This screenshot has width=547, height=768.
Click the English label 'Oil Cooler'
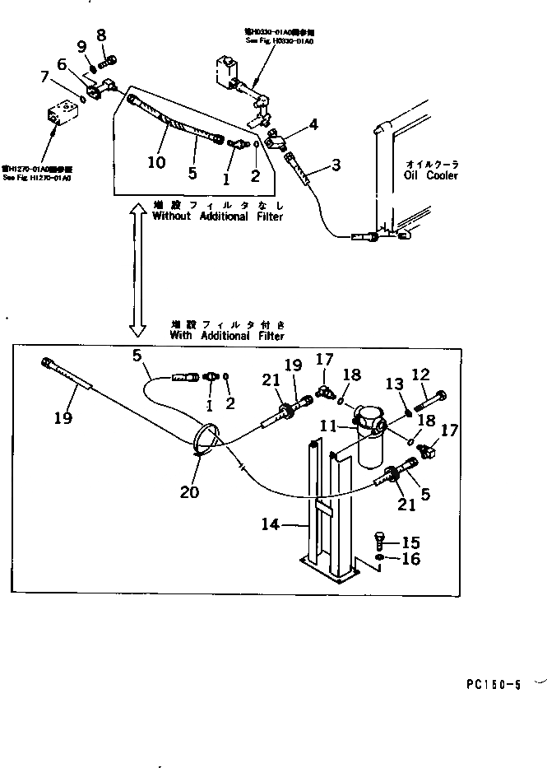coord(430,175)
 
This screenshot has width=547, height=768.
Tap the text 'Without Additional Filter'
coord(217,216)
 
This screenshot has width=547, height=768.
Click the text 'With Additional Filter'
coord(226,336)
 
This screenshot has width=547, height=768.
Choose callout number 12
coord(420,375)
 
